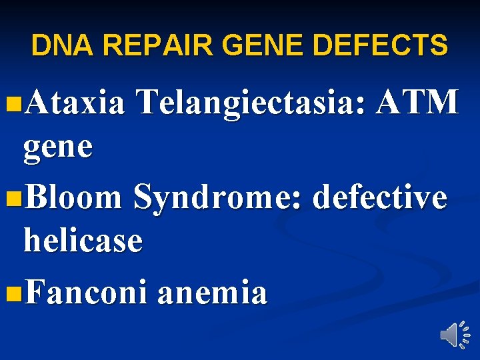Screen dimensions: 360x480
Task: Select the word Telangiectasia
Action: (x=249, y=104)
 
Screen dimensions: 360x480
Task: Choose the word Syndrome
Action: (x=216, y=198)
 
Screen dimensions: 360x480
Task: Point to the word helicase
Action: (x=83, y=240)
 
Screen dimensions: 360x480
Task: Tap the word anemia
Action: (x=212, y=292)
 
